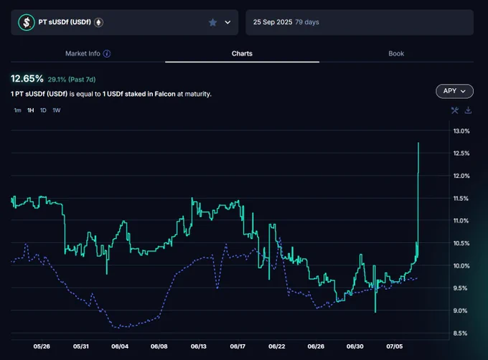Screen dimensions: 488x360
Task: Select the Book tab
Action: (396, 54)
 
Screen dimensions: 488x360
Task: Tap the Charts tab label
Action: (242, 54)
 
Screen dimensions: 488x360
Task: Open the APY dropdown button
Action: (454, 91)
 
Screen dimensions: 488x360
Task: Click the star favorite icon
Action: (213, 22)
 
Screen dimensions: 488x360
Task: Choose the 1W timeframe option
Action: (56, 110)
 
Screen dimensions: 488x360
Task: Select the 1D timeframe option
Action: (43, 110)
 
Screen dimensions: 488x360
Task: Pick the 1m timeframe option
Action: (17, 110)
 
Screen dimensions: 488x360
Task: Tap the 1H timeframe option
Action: (30, 110)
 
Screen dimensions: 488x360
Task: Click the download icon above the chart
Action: (468, 110)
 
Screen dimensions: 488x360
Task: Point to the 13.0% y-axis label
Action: (461, 131)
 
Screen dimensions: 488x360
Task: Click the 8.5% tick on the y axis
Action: (460, 333)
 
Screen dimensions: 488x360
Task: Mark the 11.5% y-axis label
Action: (461, 199)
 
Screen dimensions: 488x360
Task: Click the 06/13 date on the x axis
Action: (199, 346)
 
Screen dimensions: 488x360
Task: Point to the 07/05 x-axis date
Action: (394, 346)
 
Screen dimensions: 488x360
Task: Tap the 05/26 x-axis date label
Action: (42, 346)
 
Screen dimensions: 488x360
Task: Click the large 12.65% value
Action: (27, 79)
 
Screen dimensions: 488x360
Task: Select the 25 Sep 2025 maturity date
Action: (273, 22)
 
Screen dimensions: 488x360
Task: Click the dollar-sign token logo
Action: (27, 22)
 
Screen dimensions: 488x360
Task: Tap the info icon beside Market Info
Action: (107, 54)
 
